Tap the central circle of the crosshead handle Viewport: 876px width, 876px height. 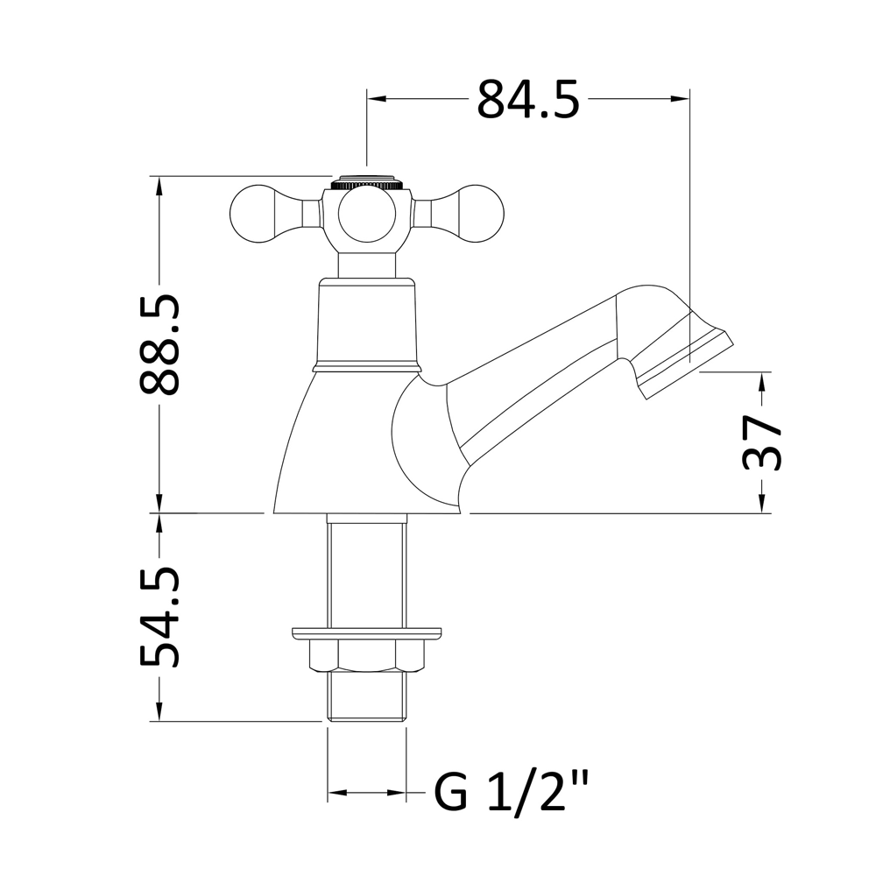coord(366,216)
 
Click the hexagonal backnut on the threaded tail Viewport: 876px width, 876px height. coord(366,655)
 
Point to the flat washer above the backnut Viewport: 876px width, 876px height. coord(366,631)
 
